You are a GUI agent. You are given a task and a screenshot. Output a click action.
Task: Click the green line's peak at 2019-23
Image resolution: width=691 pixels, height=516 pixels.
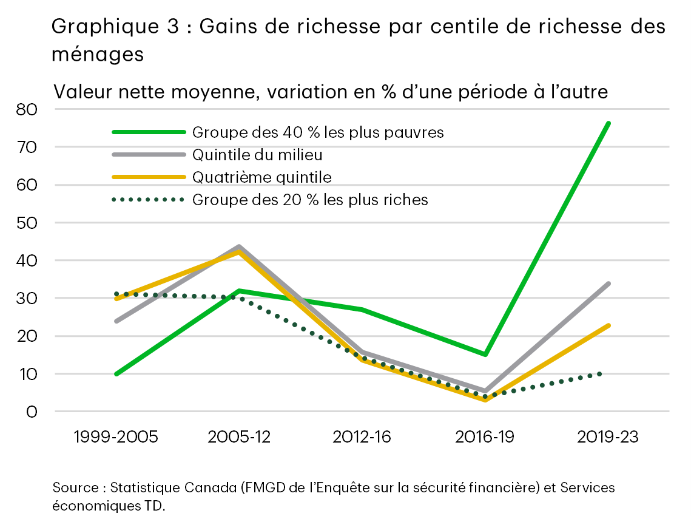(608, 123)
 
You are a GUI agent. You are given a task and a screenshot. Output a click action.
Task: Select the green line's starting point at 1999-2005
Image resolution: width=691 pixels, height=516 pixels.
(116, 373)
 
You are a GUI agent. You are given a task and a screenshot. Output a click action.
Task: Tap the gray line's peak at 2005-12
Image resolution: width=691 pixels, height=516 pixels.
(239, 247)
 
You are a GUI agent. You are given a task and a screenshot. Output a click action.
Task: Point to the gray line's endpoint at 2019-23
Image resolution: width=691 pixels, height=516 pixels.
(608, 283)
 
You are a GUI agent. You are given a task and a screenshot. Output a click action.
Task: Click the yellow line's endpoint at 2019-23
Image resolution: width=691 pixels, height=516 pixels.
(608, 325)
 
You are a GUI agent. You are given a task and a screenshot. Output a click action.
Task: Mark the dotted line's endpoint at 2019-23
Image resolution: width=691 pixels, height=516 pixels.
(601, 373)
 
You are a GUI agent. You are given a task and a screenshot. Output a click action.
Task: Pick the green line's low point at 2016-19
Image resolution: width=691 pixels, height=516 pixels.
(485, 354)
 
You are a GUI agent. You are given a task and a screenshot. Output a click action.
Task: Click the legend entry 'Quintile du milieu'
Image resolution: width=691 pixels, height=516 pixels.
(257, 155)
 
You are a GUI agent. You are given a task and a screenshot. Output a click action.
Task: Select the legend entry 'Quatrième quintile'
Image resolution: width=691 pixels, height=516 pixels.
(261, 177)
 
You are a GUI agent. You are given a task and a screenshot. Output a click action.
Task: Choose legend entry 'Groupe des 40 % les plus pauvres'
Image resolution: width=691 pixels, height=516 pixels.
(318, 132)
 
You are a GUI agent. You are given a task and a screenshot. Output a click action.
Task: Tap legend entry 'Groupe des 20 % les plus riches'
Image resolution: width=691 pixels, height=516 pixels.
(310, 200)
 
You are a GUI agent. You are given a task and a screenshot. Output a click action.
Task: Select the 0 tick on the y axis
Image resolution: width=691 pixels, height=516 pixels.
(32, 412)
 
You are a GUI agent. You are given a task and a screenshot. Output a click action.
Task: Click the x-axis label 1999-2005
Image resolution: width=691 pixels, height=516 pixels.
(116, 437)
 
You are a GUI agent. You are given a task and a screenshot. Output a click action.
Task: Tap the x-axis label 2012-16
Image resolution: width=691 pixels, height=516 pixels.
(362, 437)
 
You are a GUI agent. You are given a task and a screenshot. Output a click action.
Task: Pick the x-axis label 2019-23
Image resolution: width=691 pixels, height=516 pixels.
(608, 437)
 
